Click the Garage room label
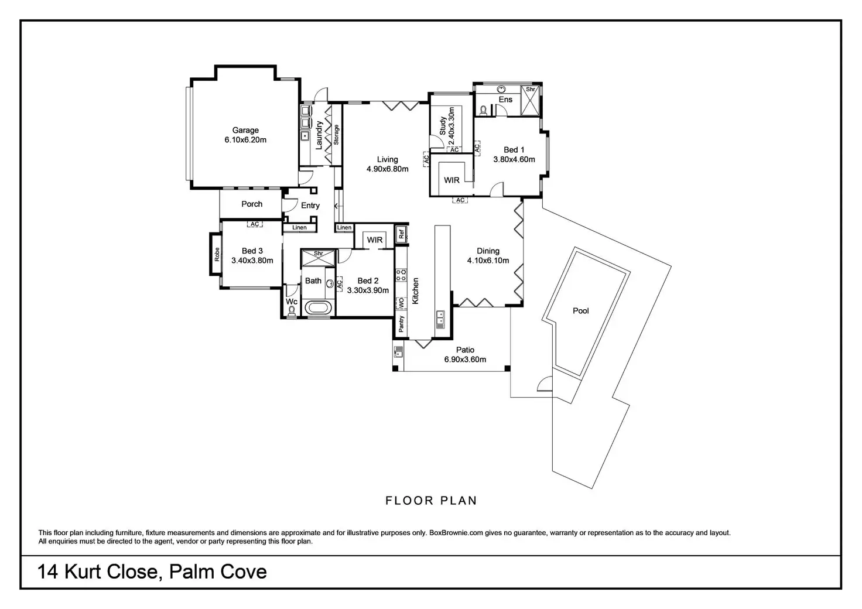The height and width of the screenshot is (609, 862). coord(245,131)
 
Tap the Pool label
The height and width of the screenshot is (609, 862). coord(581,311)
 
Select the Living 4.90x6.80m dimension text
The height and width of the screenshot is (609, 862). coord(387,169)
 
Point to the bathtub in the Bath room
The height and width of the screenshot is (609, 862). coord(319,307)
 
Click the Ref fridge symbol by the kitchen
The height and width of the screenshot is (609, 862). coord(402,234)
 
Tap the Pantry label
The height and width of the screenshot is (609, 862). coord(401,324)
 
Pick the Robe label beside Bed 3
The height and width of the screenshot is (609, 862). coord(217,254)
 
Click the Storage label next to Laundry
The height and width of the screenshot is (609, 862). coord(337,135)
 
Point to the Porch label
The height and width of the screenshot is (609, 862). coord(252,204)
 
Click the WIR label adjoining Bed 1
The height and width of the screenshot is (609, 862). coord(451,180)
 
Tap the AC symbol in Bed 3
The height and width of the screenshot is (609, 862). coord(254,224)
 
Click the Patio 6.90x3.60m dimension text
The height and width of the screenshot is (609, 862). coord(465,360)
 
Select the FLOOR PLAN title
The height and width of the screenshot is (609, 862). coord(431,501)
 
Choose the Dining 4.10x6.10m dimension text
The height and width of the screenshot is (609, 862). coord(488,261)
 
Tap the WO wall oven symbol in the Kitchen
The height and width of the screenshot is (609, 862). coord(402,303)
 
